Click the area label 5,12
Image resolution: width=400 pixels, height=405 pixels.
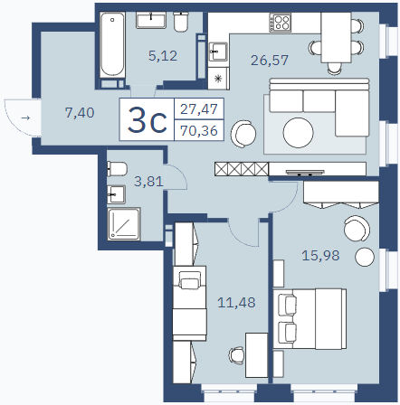[163, 56]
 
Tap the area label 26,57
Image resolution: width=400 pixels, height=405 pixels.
[270, 61]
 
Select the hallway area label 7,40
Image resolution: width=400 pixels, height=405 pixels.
[80, 113]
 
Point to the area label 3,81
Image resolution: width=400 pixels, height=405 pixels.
[148, 182]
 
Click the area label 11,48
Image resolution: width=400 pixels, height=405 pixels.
[236, 303]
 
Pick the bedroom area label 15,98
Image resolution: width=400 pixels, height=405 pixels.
[320, 256]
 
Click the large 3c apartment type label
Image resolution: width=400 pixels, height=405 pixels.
[147, 120]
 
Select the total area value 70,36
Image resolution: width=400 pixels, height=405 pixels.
[199, 131]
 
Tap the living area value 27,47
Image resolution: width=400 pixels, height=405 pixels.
[199, 108]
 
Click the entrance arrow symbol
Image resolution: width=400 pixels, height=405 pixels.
[25, 118]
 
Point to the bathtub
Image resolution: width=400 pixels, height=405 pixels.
[112, 44]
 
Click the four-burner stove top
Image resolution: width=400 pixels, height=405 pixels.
[281, 23]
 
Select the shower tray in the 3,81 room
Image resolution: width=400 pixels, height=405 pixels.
[124, 223]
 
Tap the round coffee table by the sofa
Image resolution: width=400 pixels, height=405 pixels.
[298, 133]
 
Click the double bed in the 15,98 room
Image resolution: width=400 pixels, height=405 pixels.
[310, 319]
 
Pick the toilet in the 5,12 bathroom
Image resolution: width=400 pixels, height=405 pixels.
[181, 22]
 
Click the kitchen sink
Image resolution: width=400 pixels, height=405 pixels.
[218, 52]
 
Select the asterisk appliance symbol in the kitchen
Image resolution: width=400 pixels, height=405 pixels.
[218, 79]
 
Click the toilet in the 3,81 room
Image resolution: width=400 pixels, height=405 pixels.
[117, 169]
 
